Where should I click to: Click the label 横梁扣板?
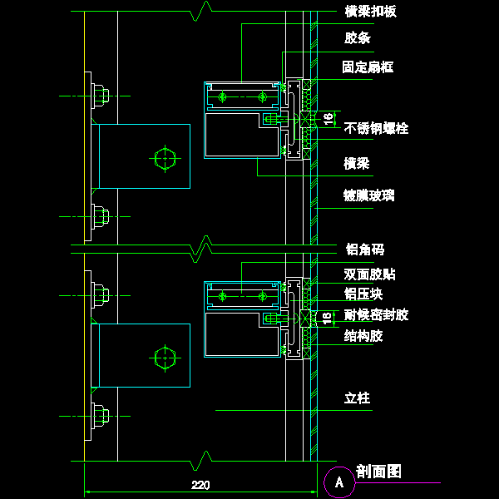click(x=370, y=12)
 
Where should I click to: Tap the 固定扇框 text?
click(x=368, y=67)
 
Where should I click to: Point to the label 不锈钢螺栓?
click(x=376, y=128)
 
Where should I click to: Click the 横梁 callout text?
click(x=357, y=163)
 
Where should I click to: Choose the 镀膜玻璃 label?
click(x=368, y=195)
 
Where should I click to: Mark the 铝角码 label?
click(x=364, y=249)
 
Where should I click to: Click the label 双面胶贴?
click(x=370, y=274)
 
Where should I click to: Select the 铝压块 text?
click(x=363, y=294)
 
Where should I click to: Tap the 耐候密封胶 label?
click(x=376, y=314)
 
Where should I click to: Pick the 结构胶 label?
click(x=363, y=336)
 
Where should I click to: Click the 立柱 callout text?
click(x=357, y=398)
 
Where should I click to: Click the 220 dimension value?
click(x=200, y=485)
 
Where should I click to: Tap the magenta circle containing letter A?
click(x=338, y=481)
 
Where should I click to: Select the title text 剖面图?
click(x=378, y=472)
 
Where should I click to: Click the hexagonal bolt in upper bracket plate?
click(x=166, y=156)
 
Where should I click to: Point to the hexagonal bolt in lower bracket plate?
click(x=166, y=357)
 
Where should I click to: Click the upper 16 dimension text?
click(x=328, y=119)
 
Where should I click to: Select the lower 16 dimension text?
click(x=328, y=318)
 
